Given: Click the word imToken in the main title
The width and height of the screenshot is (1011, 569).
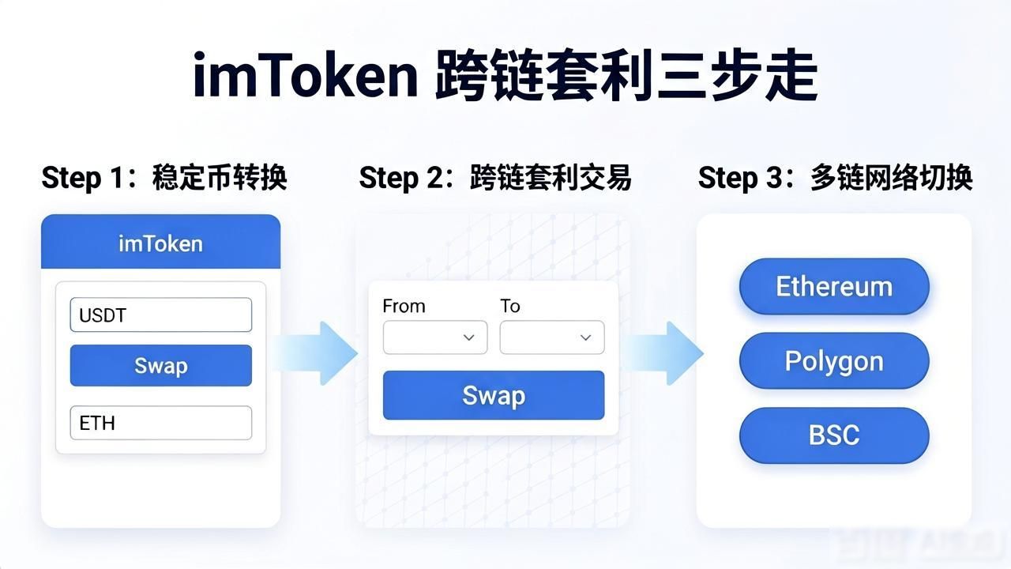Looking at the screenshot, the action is point(306,75).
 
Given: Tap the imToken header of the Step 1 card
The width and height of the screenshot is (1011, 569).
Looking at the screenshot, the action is point(160,242).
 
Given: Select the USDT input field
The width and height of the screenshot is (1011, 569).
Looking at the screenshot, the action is point(161,315).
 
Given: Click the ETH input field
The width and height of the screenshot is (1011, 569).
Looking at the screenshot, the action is point(161,423).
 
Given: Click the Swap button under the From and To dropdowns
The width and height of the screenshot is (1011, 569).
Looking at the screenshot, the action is point(494,395).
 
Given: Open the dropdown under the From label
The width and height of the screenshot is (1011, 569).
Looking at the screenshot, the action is point(435,337).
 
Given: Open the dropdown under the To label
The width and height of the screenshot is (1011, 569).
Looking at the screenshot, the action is point(552,337).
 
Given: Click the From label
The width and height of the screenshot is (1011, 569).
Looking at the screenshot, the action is point(404,306).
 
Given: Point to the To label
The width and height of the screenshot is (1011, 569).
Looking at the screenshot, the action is point(510,306).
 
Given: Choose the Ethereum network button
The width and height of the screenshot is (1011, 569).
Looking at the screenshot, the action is point(834,286).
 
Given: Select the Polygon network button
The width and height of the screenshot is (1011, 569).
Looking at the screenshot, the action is point(834,361).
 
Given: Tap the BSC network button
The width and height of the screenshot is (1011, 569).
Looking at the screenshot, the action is point(834,435).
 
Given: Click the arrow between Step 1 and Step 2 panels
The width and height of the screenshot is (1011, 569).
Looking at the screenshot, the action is point(315,353).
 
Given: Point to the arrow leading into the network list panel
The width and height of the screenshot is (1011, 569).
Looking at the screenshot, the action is point(663,353).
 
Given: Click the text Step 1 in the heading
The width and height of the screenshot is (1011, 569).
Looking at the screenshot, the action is point(81,178).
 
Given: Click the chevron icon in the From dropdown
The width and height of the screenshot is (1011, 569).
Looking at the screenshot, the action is point(469,337).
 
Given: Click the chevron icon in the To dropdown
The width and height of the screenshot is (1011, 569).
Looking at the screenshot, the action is point(586,337).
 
